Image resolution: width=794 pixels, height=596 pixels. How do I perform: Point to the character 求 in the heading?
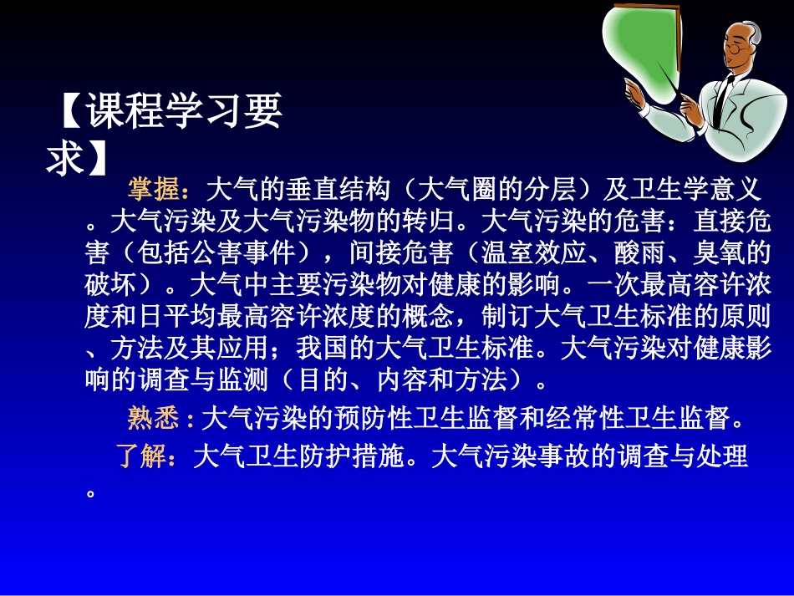tap(65, 156)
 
